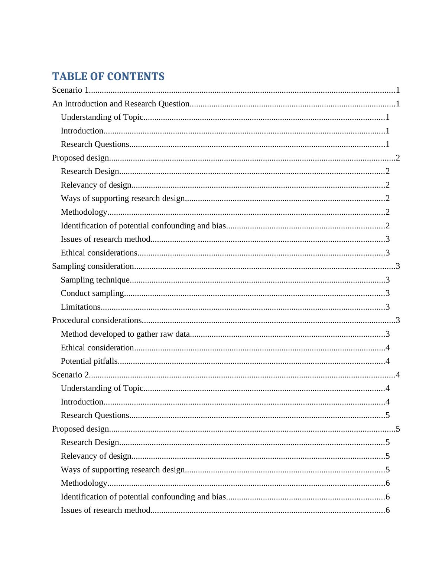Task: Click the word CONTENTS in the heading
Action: click(136, 77)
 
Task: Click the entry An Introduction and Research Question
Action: click(121, 104)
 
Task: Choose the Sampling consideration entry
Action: click(93, 266)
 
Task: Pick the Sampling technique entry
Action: click(95, 280)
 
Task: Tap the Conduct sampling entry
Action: click(92, 293)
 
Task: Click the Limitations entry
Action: click(81, 307)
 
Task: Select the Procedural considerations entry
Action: click(97, 320)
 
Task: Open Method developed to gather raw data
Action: click(125, 334)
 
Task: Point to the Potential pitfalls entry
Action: click(89, 361)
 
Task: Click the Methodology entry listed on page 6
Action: click(84, 483)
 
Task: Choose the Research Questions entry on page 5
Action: click(95, 415)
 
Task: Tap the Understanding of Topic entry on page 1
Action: click(102, 117)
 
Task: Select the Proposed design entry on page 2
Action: click(80, 158)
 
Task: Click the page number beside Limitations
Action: click(388, 307)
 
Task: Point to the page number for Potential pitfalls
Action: click(388, 361)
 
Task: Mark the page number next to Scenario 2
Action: click(398, 375)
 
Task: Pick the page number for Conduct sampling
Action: click(388, 293)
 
